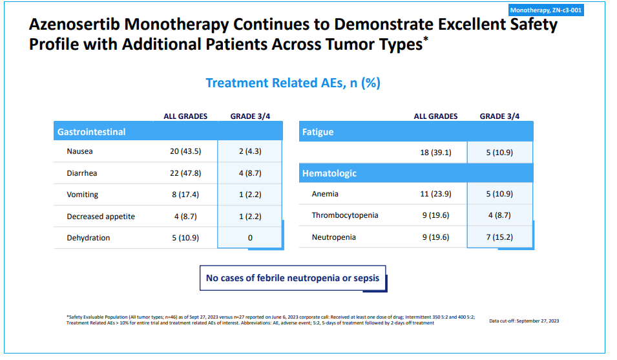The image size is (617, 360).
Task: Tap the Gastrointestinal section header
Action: click(91, 132)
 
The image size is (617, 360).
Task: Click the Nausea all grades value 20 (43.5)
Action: click(185, 152)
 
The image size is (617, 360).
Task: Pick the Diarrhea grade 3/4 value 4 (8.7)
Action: click(250, 173)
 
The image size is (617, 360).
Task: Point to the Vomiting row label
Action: click(83, 195)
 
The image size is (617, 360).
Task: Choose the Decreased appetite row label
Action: click(101, 217)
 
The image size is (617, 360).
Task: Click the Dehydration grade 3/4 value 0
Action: click(250, 238)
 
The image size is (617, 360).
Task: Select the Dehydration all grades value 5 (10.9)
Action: click(185, 238)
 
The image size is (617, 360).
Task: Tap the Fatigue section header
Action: click(318, 132)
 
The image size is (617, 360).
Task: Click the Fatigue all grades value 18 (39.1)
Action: click(435, 153)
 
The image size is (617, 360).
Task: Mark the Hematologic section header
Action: click(329, 173)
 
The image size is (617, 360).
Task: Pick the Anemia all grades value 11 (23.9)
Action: click(435, 194)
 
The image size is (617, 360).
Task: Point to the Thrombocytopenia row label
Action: click(345, 215)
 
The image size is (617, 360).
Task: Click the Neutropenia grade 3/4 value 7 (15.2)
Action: click(499, 237)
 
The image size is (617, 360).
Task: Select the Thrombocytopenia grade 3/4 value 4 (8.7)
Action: click(499, 215)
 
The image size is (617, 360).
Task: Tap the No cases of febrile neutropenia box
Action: click(293, 279)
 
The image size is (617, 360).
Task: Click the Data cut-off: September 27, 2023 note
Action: click(524, 321)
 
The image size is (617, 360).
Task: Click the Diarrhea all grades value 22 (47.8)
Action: click(185, 173)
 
